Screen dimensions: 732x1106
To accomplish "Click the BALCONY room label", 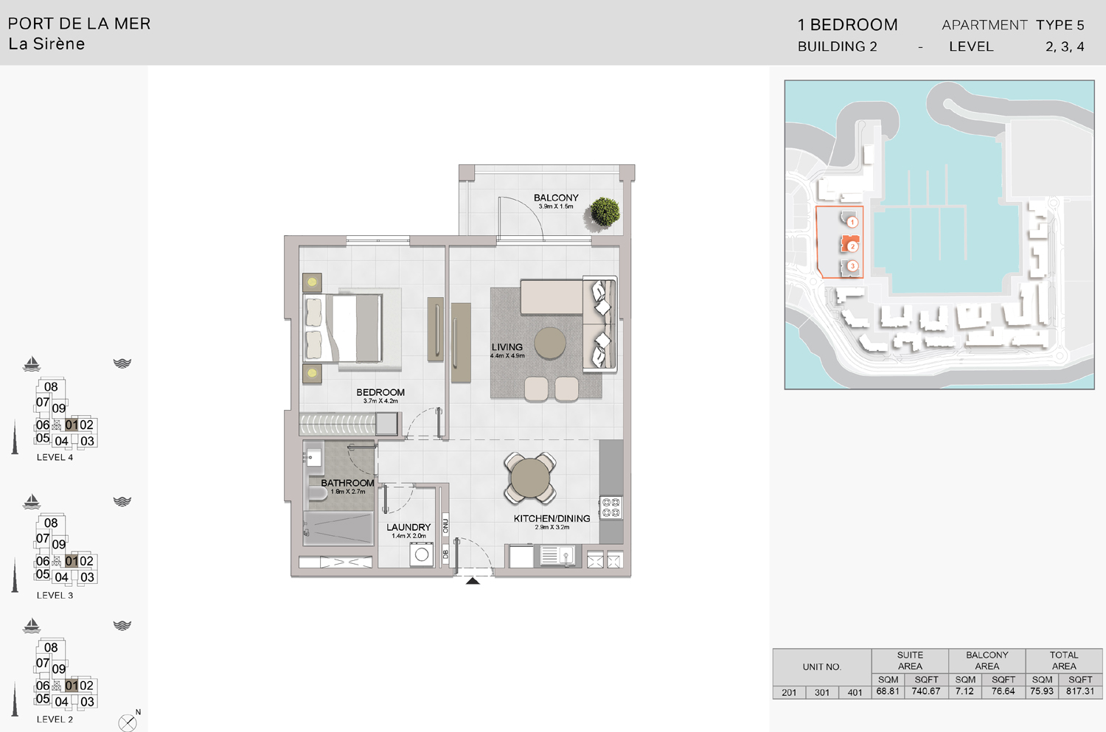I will tap(556, 198).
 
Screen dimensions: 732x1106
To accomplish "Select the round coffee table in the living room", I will tap(550, 342).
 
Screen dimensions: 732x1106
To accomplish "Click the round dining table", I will tap(529, 478).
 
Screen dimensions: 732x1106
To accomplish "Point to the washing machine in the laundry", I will tap(422, 555).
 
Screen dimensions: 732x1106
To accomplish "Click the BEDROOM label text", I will tap(380, 392).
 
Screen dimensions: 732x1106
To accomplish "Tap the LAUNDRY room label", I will tap(408, 527).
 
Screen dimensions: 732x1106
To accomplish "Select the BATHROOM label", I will tap(347, 483).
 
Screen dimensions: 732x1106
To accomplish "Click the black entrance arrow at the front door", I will tap(473, 581).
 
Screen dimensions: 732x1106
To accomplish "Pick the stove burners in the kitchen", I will tap(611, 507).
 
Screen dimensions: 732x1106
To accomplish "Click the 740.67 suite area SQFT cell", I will tap(926, 691).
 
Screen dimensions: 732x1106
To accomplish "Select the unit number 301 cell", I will tap(822, 692).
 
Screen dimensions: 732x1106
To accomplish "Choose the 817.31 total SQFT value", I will tap(1080, 691).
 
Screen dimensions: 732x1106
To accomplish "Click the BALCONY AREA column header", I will tap(987, 660).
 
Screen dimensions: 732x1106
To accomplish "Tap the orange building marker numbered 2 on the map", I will tap(852, 246).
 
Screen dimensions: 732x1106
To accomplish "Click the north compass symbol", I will tap(128, 722).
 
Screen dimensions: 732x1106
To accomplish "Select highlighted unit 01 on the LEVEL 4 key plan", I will tap(72, 425).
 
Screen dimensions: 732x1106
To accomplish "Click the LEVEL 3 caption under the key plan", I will tap(55, 595).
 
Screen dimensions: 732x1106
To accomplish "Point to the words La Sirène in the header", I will tap(46, 44).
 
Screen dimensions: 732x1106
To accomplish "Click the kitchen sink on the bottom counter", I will tap(558, 555).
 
